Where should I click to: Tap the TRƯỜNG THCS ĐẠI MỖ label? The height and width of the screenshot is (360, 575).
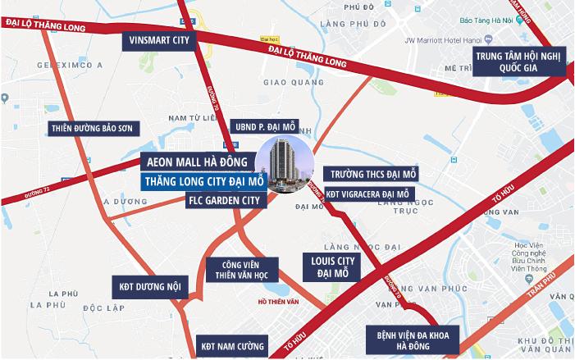click(x=372, y=175)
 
